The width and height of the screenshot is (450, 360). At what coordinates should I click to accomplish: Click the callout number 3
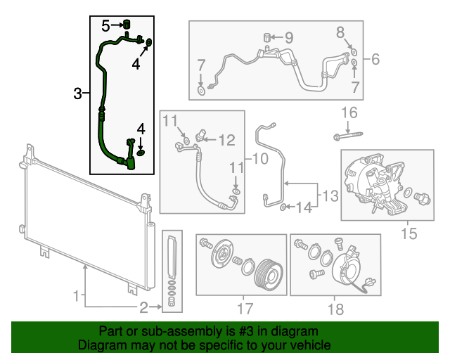[79, 93]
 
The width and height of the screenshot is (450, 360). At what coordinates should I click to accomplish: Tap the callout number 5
[106, 26]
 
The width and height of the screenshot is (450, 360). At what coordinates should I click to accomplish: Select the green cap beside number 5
[127, 26]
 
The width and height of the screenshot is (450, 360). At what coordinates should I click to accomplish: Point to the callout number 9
[289, 37]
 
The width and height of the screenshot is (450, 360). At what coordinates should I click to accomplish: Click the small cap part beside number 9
[268, 37]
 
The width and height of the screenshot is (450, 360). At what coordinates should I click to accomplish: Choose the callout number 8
[340, 32]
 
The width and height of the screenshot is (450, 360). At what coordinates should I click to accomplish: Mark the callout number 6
[375, 59]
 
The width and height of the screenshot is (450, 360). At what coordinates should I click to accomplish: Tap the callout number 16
[349, 112]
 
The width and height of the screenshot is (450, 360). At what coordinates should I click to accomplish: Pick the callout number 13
[330, 194]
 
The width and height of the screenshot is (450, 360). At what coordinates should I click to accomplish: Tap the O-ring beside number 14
[283, 207]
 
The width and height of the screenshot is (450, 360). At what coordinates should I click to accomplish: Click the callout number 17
[244, 308]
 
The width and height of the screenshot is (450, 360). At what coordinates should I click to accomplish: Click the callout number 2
[144, 307]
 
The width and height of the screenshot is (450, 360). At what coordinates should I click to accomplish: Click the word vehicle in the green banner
[309, 345]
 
